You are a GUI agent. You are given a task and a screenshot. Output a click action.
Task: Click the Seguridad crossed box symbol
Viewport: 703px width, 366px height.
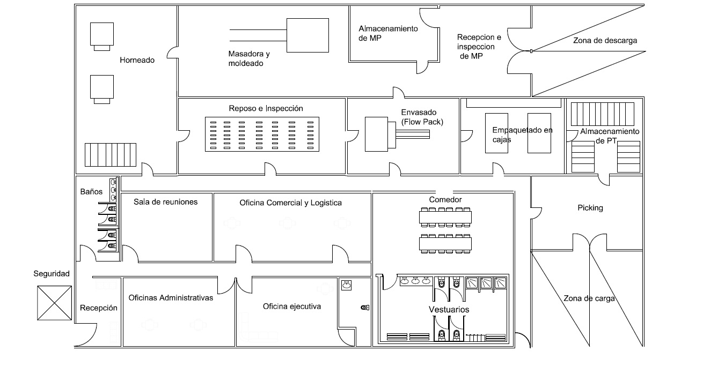(54, 303)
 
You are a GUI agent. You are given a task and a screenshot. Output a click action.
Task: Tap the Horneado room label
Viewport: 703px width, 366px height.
(137, 60)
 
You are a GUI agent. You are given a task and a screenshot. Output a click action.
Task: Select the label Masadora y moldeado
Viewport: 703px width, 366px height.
(249, 58)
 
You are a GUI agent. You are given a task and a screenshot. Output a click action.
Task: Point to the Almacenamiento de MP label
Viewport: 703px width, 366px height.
(388, 33)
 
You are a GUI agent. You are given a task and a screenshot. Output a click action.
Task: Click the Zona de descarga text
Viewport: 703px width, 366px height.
(605, 40)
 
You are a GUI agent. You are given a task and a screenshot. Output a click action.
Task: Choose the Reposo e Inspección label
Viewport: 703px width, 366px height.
(266, 108)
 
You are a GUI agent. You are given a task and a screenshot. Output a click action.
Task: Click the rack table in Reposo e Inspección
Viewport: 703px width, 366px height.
(262, 135)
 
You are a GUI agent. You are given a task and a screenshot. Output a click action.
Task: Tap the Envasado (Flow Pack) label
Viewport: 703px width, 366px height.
(422, 117)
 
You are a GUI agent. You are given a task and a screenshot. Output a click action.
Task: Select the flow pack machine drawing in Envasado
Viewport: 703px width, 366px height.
(397, 135)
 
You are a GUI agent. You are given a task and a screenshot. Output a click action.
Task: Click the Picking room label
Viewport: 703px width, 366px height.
(590, 208)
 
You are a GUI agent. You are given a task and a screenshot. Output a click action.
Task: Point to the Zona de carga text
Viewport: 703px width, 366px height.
(589, 298)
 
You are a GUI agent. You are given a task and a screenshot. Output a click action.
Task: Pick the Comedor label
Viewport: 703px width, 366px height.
(445, 199)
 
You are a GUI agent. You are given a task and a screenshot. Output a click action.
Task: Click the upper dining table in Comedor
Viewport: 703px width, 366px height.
(445, 217)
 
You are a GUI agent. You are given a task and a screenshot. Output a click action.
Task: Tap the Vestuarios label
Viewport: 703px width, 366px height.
(449, 310)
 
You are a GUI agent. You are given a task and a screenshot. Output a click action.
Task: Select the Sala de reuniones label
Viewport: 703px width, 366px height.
(165, 202)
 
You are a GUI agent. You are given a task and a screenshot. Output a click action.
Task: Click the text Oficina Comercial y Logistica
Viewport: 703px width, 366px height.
(290, 203)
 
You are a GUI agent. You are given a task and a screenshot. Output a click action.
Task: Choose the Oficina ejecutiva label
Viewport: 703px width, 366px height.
(292, 307)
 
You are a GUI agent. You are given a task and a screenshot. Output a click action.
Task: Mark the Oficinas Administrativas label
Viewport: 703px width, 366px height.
(171, 298)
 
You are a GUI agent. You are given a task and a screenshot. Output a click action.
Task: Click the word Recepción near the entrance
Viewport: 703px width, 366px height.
(99, 308)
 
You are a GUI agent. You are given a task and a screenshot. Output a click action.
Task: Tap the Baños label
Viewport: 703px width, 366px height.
(91, 191)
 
